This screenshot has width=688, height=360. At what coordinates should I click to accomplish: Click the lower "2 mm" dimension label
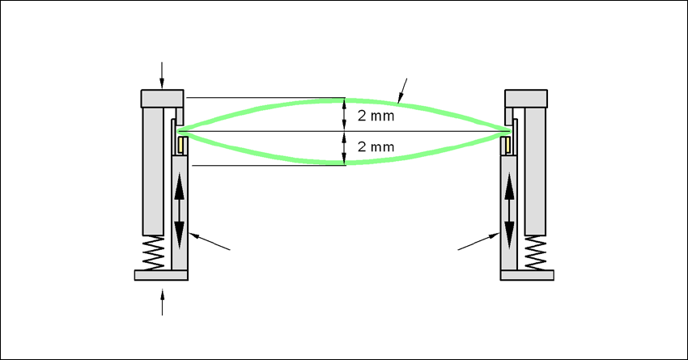376,147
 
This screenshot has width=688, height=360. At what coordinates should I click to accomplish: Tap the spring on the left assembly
153,254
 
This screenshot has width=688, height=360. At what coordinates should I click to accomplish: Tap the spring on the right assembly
534,254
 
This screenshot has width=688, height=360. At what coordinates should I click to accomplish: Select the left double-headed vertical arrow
179,210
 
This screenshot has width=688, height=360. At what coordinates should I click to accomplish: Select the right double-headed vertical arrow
510,210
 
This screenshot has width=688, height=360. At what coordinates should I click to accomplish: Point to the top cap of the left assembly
163,98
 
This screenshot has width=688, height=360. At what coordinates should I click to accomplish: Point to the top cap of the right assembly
527,98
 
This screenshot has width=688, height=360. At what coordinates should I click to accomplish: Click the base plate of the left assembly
161,276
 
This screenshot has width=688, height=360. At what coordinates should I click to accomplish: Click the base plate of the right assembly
528,276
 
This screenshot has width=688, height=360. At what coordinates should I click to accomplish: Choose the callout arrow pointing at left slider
211,242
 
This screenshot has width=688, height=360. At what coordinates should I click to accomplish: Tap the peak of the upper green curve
346,100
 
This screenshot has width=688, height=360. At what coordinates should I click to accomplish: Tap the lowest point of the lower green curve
346,163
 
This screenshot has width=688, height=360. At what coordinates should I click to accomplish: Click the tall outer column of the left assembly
153,170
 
